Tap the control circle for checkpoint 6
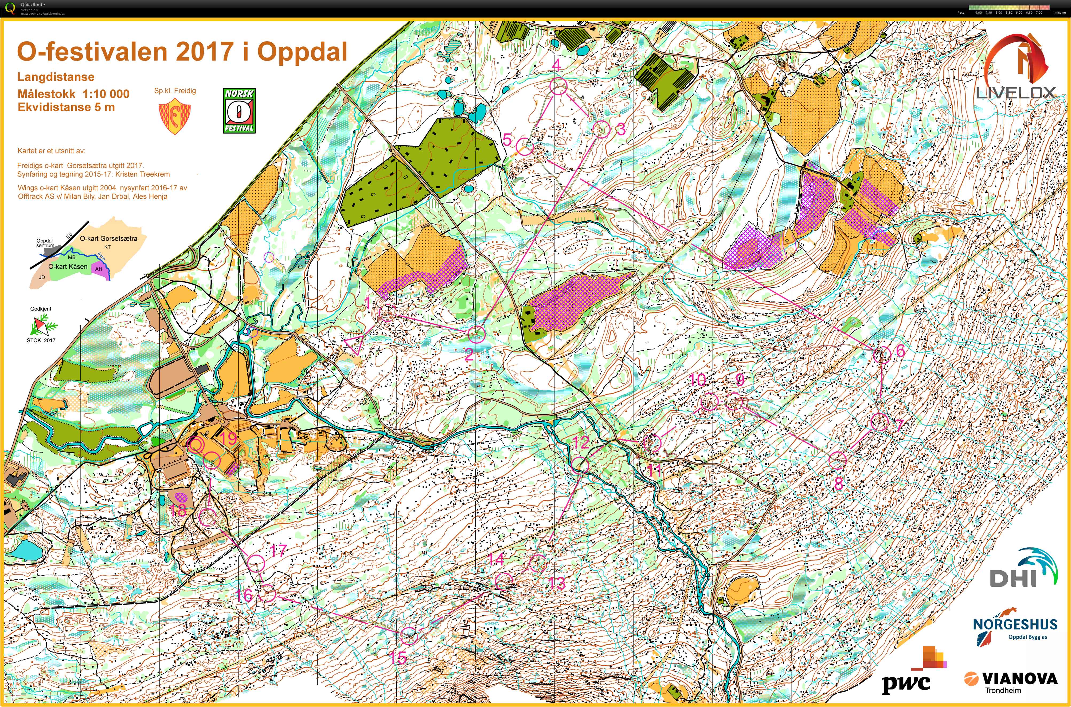point(882,355)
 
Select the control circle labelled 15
point(409,636)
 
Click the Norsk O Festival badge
point(239,111)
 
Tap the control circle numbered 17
point(256,563)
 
